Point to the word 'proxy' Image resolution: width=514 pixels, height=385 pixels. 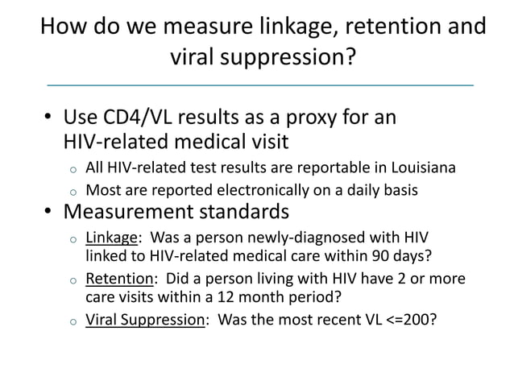pos(302,118)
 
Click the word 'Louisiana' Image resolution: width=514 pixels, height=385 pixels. pos(423,168)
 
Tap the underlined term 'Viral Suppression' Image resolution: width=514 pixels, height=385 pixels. pos(145,319)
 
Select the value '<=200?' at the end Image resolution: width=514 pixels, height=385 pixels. pos(411,319)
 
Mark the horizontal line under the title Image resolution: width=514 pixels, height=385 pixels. pos(259,85)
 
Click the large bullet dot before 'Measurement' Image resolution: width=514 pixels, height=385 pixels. pos(48,213)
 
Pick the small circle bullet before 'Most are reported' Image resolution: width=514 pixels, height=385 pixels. pos(72,192)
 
